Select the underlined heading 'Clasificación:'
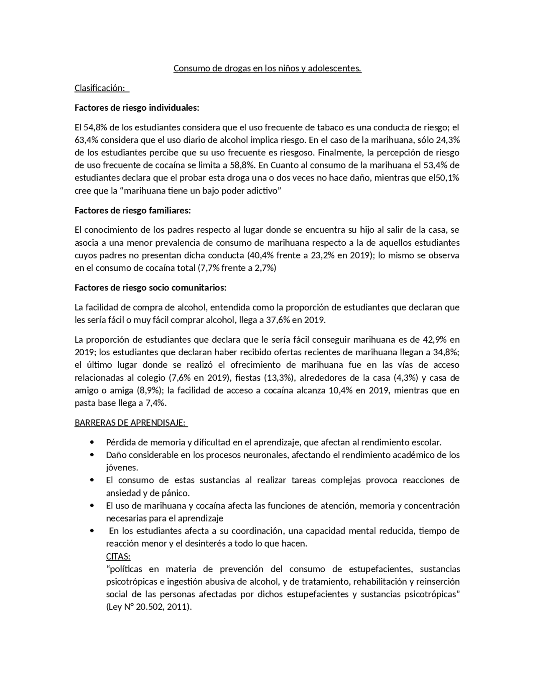pos(99,88)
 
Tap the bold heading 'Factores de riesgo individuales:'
pos(137,108)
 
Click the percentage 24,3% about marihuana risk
pos(448,140)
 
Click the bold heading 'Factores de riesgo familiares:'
pos(132,210)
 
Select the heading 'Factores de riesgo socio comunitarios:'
pos(150,287)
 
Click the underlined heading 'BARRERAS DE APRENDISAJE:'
pos(130,422)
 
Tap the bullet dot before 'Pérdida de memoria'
pos(92,442)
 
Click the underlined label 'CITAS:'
pos(118,556)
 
